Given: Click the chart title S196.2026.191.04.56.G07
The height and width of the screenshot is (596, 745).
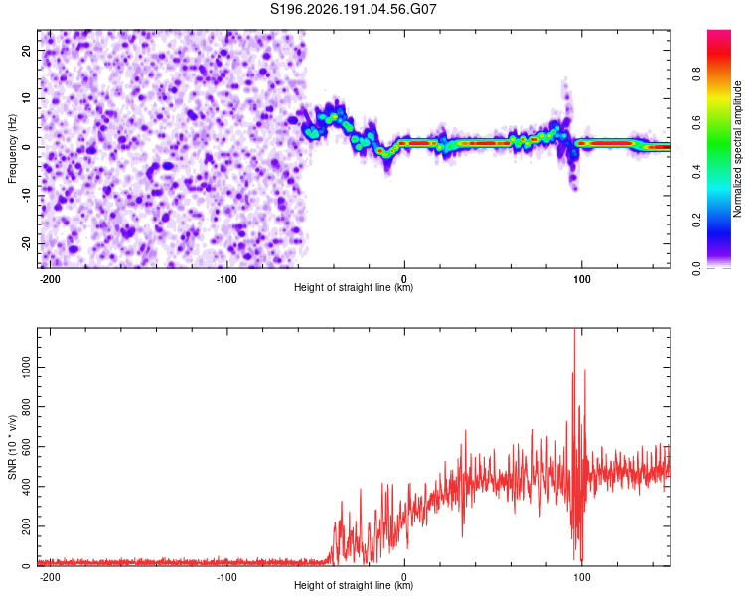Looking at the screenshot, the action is tap(353, 9).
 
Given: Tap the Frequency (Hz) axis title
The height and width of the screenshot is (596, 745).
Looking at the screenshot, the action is tap(12, 149).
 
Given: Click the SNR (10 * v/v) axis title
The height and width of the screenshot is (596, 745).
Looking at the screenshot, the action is tap(12, 447).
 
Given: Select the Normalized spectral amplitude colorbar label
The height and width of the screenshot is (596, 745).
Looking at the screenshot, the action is tap(737, 149).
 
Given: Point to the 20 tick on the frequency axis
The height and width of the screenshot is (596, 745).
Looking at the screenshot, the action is tap(26, 50).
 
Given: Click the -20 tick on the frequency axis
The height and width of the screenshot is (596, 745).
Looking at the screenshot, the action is tap(26, 243).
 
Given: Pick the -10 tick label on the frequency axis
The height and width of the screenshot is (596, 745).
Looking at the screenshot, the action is tap(26, 196).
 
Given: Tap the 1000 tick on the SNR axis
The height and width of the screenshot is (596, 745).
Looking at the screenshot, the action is tap(26, 367).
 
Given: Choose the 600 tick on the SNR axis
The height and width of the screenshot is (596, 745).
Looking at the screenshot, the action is tap(26, 447).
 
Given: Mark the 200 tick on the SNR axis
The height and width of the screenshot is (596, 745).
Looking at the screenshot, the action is tap(26, 526).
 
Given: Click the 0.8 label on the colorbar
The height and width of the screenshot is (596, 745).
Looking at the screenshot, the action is tap(696, 74).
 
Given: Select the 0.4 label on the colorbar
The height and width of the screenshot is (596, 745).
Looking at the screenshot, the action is tap(696, 172).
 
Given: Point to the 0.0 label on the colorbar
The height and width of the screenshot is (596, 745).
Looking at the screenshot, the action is tap(696, 269).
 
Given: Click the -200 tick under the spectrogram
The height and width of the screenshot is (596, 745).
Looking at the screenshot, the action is tap(49, 279).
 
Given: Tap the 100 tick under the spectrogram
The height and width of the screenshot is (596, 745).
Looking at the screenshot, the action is tap(581, 279).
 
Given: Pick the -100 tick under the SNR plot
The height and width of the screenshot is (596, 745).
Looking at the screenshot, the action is tap(226, 577).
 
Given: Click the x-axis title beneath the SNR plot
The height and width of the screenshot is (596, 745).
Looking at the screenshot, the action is tap(354, 585).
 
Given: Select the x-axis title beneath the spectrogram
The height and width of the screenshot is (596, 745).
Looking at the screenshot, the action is tap(354, 287).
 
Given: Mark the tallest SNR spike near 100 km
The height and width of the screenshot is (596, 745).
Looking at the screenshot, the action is tap(574, 330).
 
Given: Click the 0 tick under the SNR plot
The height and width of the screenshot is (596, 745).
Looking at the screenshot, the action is tap(404, 577).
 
